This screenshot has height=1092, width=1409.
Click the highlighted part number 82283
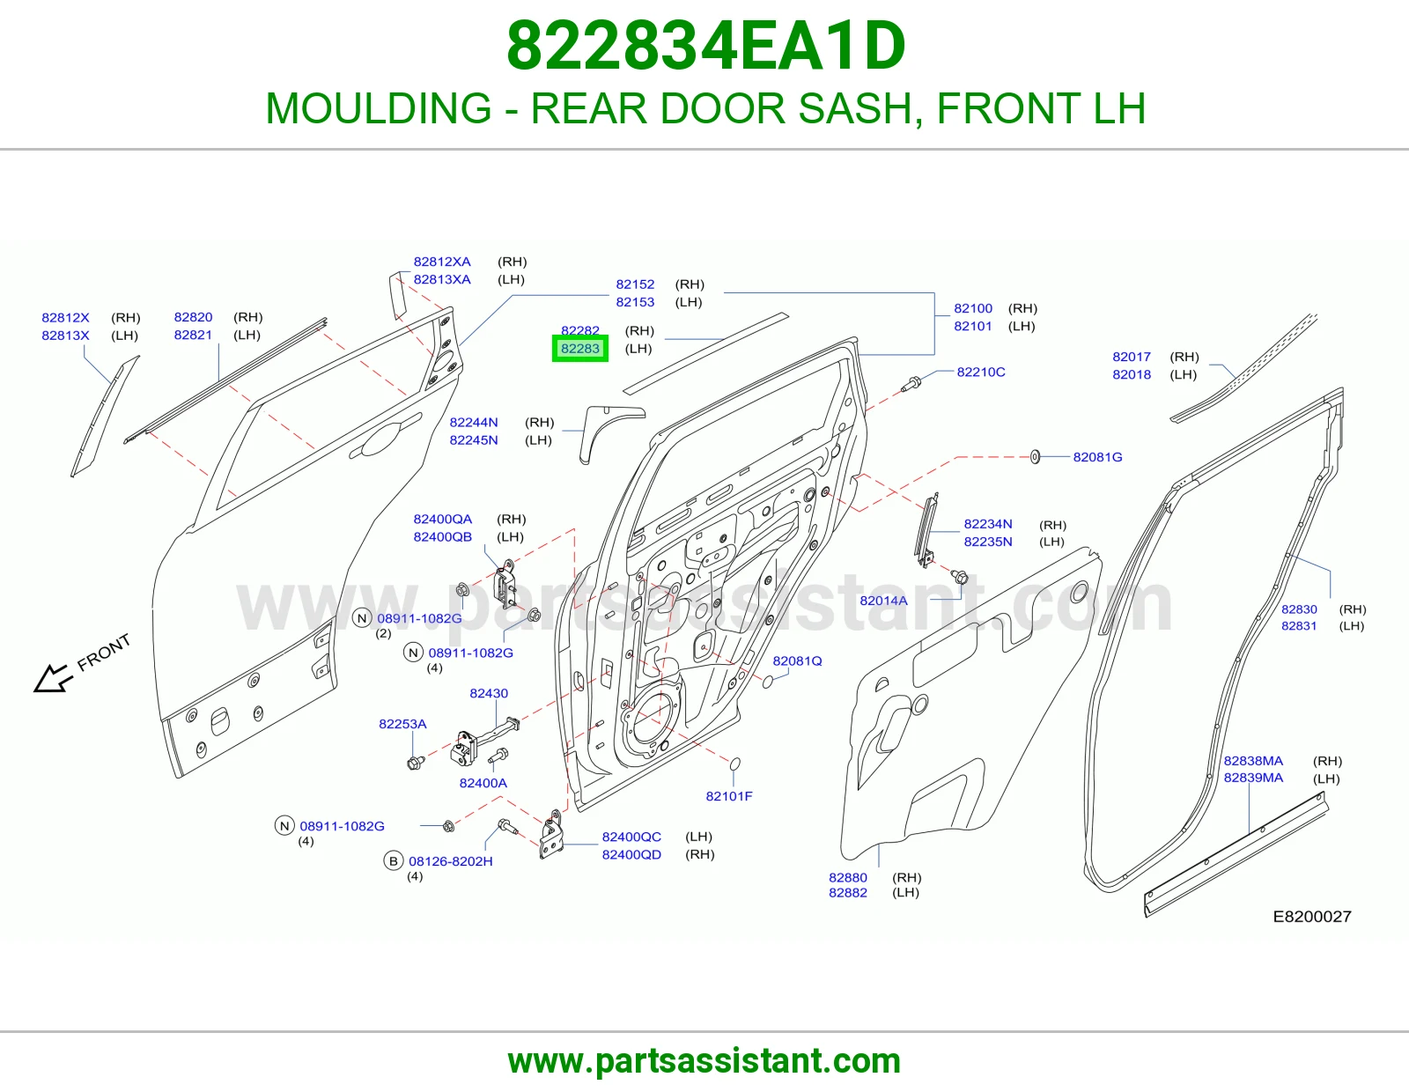(579, 349)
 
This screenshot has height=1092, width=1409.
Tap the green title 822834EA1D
(705, 46)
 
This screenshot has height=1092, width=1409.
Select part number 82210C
(981, 373)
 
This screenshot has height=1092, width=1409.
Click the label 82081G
(1097, 457)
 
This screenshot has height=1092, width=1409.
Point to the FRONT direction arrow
(52, 678)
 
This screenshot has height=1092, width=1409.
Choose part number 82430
(489, 693)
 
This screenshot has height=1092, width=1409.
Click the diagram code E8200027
(1312, 916)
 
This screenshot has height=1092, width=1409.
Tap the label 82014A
(884, 601)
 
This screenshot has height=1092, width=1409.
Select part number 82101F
(729, 796)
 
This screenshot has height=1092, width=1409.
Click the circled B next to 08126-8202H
(393, 861)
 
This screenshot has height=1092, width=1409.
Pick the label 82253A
(402, 724)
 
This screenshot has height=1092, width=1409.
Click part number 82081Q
(797, 660)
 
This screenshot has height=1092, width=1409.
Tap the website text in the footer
(704, 1061)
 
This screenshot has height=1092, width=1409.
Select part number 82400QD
(631, 854)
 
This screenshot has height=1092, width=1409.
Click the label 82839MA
(1253, 778)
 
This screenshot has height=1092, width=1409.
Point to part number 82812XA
(442, 262)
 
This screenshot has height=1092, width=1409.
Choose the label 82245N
(474, 440)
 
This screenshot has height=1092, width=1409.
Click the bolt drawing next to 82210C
(911, 384)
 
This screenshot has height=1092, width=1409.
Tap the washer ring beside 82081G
(1035, 457)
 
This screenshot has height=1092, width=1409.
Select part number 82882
(847, 893)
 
